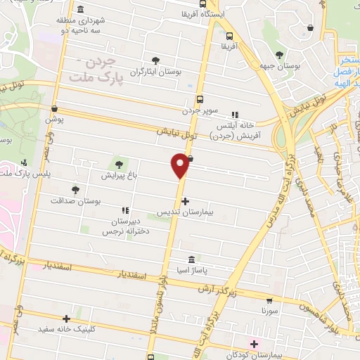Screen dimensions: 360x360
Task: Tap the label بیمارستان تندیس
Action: (x=185, y=210)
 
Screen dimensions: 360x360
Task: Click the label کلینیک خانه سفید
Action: (x=67, y=328)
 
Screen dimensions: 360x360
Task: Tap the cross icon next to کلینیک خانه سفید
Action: (x=67, y=319)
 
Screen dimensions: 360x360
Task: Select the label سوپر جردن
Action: (x=201, y=110)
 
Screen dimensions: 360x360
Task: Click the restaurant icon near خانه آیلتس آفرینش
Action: (x=235, y=114)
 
